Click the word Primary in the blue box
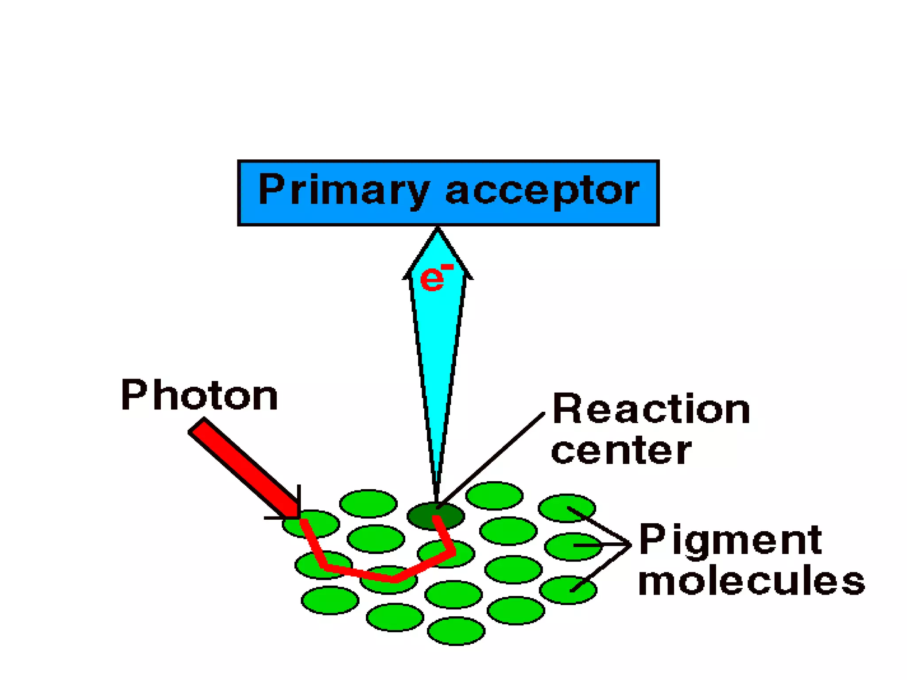click(343, 191)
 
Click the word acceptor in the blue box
click(542, 191)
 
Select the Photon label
click(199, 395)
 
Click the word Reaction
click(651, 410)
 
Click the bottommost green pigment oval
click(456, 631)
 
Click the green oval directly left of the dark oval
click(368, 503)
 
